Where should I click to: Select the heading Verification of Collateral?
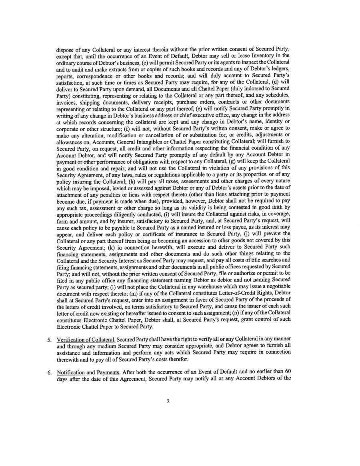pos(86,340)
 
